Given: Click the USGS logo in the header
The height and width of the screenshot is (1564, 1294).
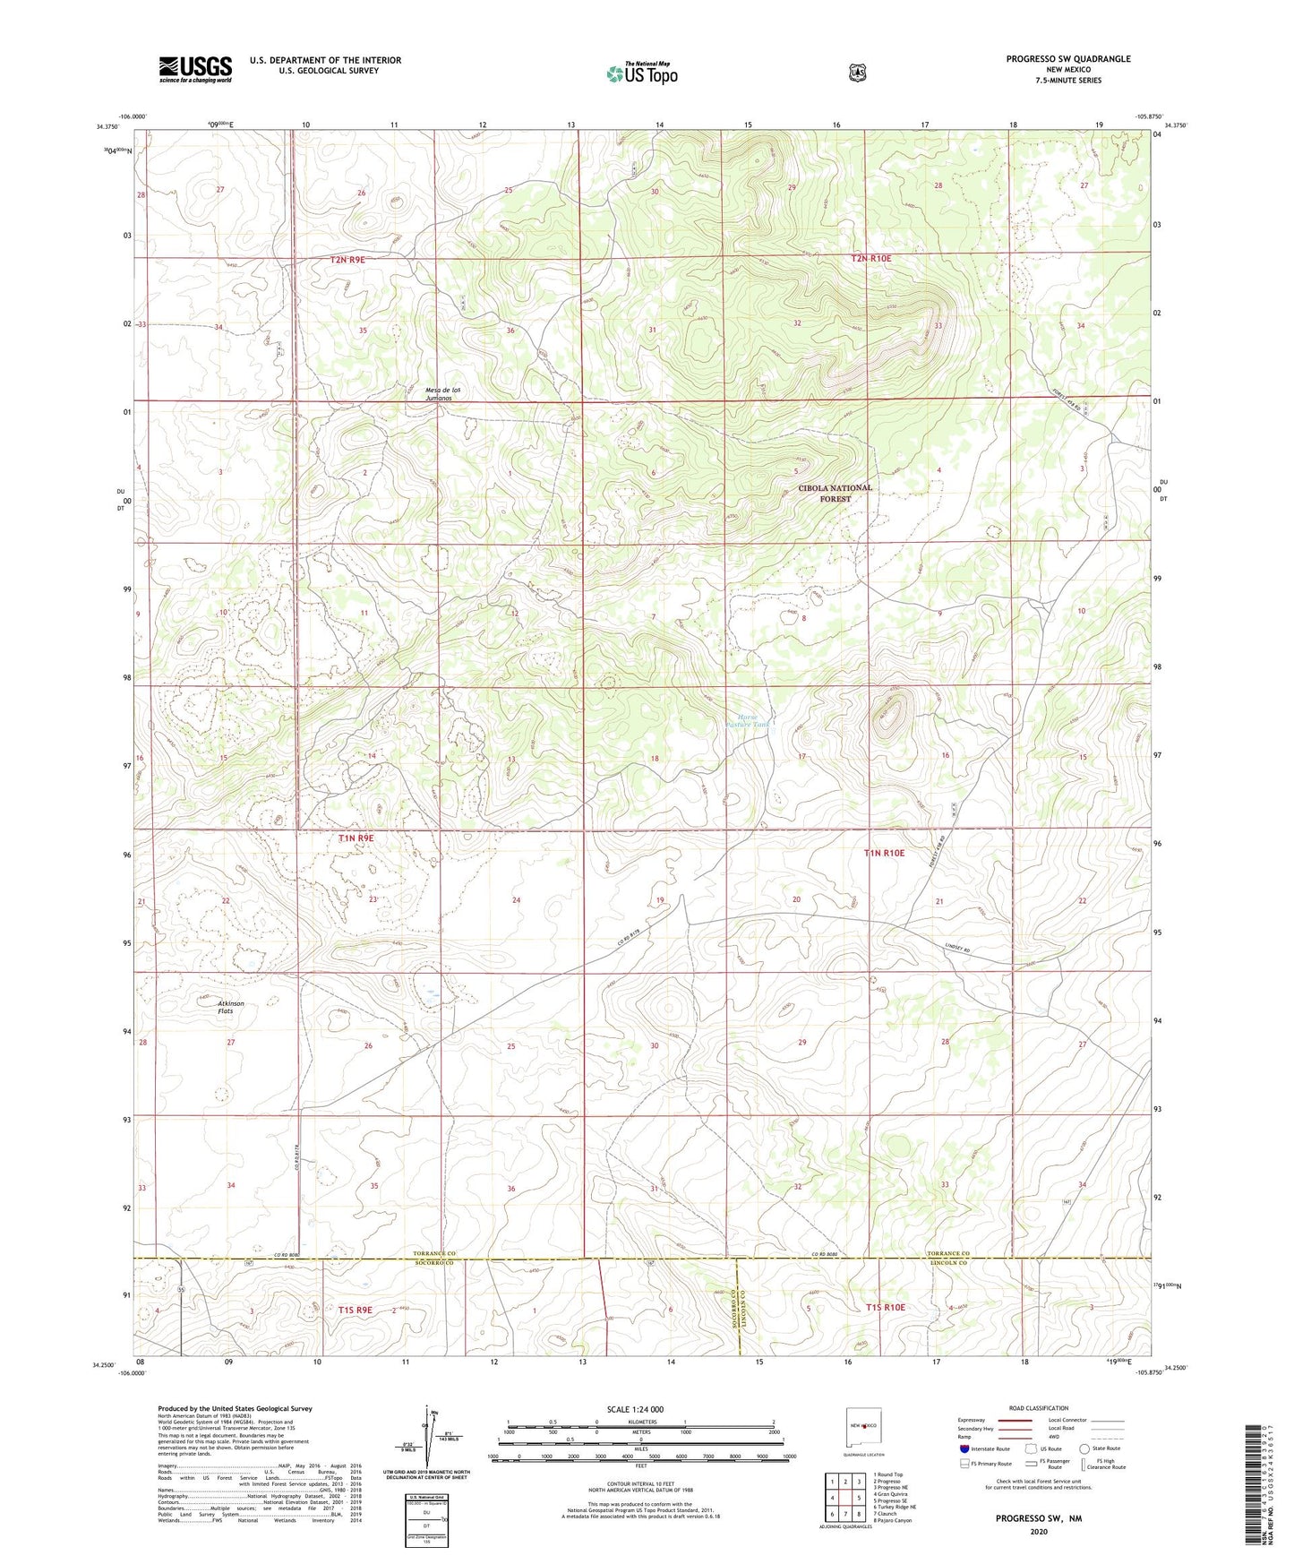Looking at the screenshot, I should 195,68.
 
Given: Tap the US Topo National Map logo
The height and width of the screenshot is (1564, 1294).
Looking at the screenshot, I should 641,73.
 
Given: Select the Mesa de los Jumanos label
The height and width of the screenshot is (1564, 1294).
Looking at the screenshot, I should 443,393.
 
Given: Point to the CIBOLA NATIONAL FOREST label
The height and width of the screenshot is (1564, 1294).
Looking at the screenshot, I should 835,494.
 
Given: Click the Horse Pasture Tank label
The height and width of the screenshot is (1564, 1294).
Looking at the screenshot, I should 748,719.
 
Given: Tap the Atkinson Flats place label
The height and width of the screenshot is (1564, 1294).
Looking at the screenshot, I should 231,1007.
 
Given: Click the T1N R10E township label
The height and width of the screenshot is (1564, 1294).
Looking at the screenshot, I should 884,854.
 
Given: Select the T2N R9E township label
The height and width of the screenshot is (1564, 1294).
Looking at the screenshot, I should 347,259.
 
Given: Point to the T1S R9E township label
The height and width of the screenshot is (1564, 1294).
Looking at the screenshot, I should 355,1310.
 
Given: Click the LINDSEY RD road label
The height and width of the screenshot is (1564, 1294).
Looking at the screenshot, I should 957,949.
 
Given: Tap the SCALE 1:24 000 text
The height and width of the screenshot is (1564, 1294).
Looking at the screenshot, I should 635,1409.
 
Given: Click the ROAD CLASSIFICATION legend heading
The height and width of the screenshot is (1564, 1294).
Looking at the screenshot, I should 1038,1408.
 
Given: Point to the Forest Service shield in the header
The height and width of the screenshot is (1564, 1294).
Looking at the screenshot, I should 857,72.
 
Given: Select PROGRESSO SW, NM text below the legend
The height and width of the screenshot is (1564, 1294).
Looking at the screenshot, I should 1038,1519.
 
